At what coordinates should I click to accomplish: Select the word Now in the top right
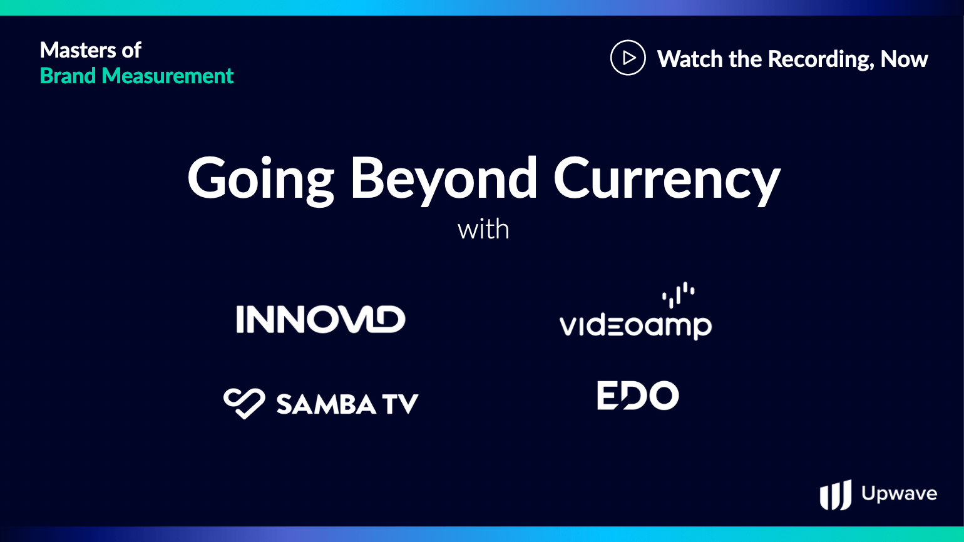pyautogui.click(x=904, y=59)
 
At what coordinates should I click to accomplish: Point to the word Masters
pyautogui.click(x=78, y=50)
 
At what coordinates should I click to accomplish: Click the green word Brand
pyautogui.click(x=68, y=76)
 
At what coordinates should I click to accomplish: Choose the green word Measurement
pyautogui.click(x=168, y=76)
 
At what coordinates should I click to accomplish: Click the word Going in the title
pyautogui.click(x=261, y=180)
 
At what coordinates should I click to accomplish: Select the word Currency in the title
pyautogui.click(x=667, y=180)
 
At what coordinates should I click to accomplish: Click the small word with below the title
pyautogui.click(x=483, y=229)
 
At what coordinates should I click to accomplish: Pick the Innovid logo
pyautogui.click(x=320, y=319)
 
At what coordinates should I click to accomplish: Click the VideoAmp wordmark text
pyautogui.click(x=635, y=327)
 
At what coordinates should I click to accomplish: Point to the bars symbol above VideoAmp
pyautogui.click(x=679, y=295)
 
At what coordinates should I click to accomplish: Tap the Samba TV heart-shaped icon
pyautogui.click(x=244, y=404)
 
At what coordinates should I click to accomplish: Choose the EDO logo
pyautogui.click(x=638, y=396)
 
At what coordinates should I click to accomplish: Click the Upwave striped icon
pyautogui.click(x=836, y=494)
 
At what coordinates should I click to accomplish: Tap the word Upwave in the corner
pyautogui.click(x=900, y=494)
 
